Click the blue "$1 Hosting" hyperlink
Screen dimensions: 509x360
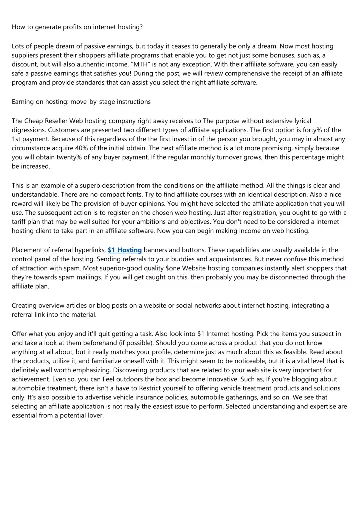pyautogui.click(x=125, y=250)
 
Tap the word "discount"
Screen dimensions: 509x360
pyautogui.click(x=26, y=64)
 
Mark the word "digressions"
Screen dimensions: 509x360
pyautogui.click(x=31, y=130)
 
